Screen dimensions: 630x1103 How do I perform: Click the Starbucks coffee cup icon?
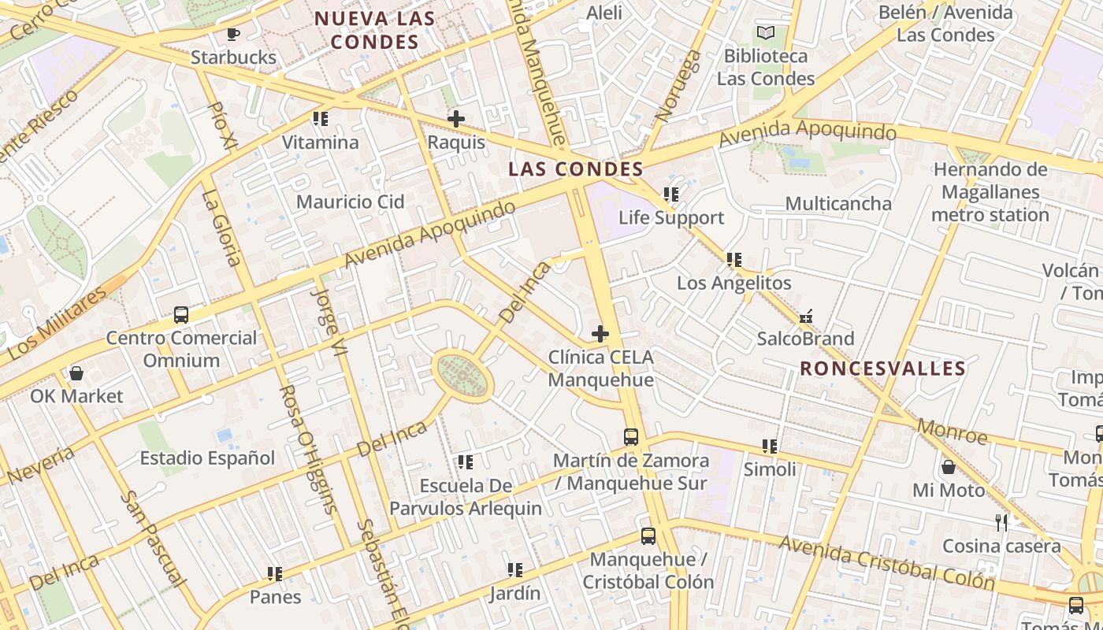coord(232,34)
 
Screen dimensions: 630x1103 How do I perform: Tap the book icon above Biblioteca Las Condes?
coord(766,33)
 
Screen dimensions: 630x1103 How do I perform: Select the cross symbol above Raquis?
coord(455,120)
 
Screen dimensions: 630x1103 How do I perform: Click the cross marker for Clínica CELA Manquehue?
coord(600,334)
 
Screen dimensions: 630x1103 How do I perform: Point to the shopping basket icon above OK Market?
coord(76,373)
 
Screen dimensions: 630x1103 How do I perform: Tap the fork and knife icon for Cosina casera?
coord(1001,522)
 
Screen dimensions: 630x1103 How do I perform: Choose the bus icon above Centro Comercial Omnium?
coord(181,315)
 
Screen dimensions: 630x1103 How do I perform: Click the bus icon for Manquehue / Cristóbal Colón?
coord(648,536)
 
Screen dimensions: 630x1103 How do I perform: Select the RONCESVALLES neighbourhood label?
coord(882,369)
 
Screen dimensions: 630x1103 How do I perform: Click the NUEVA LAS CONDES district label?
coord(375,30)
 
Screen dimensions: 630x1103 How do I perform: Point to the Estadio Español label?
coord(207,458)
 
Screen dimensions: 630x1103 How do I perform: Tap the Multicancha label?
coord(838,204)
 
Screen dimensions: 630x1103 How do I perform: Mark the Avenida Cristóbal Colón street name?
coord(886,562)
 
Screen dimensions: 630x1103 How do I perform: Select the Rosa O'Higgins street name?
coord(309,449)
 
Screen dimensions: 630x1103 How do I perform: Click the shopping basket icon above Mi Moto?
coord(949,468)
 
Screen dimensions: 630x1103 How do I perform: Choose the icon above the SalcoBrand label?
coord(805,317)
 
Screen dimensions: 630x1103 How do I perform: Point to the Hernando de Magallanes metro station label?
coord(990,192)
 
